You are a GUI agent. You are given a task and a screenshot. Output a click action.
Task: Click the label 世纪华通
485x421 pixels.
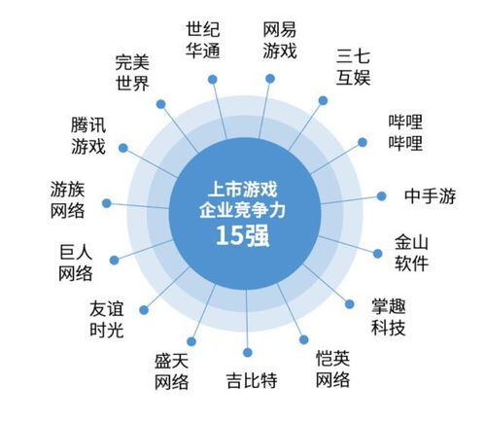pyautogui.click(x=203, y=40)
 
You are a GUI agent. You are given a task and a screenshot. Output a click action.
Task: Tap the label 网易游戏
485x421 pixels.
pyautogui.click(x=279, y=40)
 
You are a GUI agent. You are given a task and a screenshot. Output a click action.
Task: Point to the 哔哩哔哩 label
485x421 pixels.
pyautogui.click(x=405, y=132)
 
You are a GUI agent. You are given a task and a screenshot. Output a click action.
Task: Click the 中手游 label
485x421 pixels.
pyautogui.click(x=430, y=196)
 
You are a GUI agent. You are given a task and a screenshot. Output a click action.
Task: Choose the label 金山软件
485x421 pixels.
pyautogui.click(x=411, y=253)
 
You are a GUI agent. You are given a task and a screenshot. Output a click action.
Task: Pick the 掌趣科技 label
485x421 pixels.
pyautogui.click(x=388, y=317)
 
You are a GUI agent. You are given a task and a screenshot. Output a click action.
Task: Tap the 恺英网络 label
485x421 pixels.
pyautogui.click(x=332, y=368)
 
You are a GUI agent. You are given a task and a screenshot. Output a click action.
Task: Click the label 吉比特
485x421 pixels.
pyautogui.click(x=252, y=380)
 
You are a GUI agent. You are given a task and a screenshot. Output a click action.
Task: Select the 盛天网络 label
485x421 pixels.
pyautogui.click(x=171, y=371)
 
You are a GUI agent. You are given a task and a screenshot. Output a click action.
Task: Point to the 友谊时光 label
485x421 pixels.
pyautogui.click(x=107, y=320)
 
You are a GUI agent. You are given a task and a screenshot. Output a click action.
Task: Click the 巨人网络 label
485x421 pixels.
pyautogui.click(x=76, y=263)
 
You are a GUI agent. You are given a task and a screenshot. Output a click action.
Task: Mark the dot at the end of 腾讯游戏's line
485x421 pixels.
pyautogui.click(x=123, y=148)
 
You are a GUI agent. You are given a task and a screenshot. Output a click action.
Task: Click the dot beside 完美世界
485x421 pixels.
pyautogui.click(x=160, y=104)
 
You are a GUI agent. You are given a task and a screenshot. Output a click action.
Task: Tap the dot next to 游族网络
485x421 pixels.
pyautogui.click(x=107, y=203)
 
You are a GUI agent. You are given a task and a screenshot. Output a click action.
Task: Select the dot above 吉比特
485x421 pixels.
pyautogui.click(x=248, y=353)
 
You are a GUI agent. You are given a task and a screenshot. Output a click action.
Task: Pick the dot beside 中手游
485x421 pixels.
pyautogui.click(x=382, y=196)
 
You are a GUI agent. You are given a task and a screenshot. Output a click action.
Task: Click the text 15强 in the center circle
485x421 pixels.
pyautogui.click(x=242, y=235)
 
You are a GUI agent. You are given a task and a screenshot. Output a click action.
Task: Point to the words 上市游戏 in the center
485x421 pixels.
pyautogui.click(x=242, y=189)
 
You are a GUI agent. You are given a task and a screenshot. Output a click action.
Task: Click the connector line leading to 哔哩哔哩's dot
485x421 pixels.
pyautogui.click(x=336, y=158)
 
